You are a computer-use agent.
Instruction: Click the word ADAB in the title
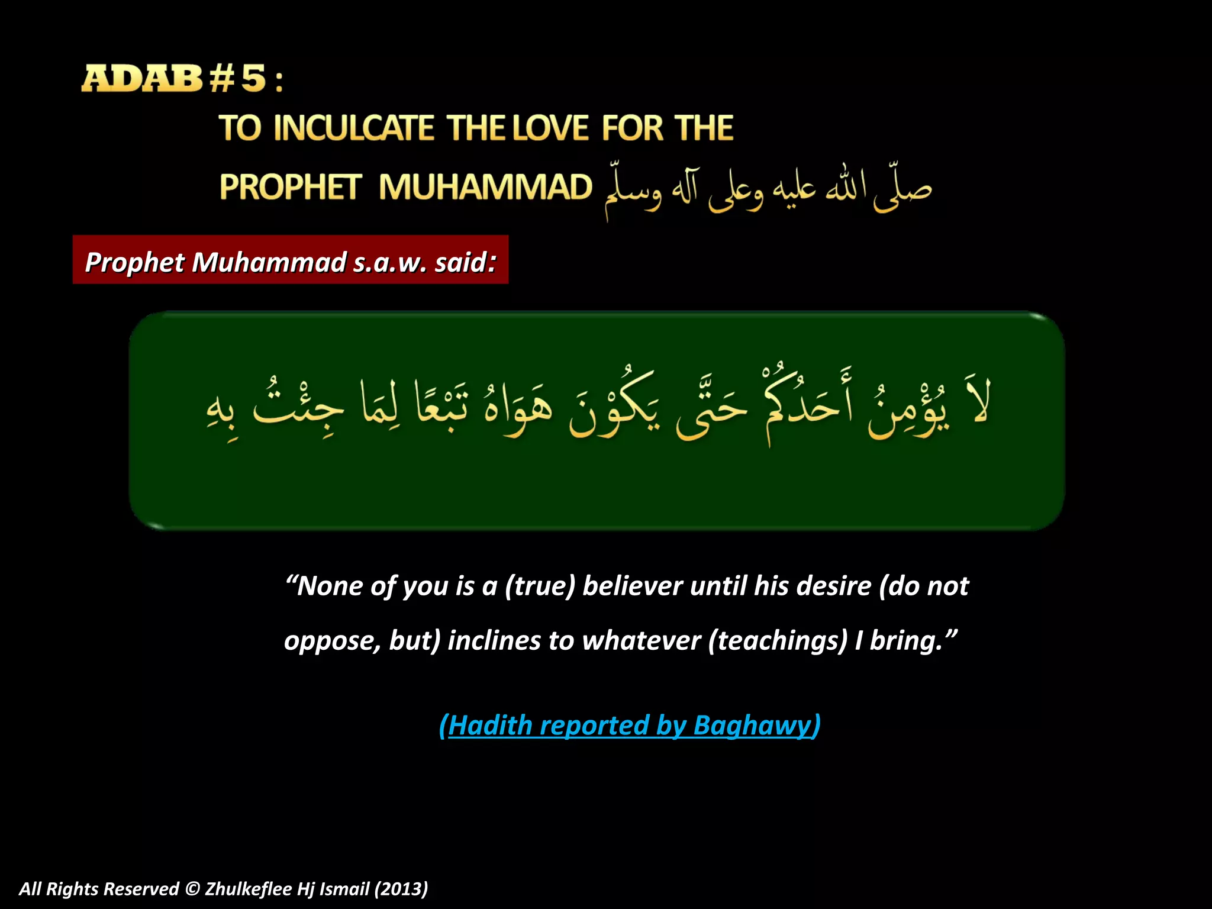[x=142, y=79]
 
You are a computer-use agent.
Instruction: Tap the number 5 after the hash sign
[x=253, y=79]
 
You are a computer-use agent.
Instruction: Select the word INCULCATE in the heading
[x=354, y=128]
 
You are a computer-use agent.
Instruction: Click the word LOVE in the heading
[x=550, y=128]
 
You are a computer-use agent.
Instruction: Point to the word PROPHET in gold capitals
[x=290, y=187]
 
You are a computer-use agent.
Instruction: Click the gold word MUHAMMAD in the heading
[x=485, y=187]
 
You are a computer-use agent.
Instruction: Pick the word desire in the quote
[x=834, y=586]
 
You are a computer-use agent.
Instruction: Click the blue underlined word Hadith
[x=490, y=726]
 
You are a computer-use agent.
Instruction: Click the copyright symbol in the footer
[x=192, y=889]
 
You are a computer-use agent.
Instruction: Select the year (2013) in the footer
[x=401, y=889]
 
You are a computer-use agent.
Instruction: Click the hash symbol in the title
[x=221, y=79]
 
